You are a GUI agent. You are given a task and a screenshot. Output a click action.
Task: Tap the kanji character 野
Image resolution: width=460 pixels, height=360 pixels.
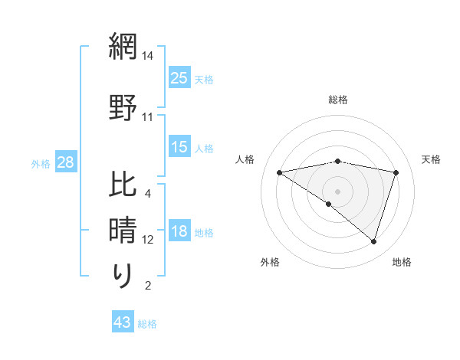pos(123,108)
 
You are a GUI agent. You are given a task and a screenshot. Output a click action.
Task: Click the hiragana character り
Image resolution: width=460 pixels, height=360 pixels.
pos(123,275)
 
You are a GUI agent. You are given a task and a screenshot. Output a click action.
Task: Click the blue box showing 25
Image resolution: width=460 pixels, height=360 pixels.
pos(179,78)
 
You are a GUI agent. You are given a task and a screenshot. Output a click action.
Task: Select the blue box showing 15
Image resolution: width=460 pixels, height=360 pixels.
pos(179,148)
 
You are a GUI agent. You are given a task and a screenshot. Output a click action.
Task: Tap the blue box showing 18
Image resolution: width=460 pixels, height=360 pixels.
pos(179,232)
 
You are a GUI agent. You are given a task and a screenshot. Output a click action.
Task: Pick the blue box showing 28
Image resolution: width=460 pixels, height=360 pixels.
pos(64,162)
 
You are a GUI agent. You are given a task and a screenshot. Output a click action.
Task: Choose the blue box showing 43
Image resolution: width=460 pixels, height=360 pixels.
pos(123,323)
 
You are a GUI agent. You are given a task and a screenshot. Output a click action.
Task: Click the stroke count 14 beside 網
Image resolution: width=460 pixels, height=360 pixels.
pos(148,56)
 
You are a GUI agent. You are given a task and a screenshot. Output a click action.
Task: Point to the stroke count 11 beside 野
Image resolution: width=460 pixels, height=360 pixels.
pos(148,118)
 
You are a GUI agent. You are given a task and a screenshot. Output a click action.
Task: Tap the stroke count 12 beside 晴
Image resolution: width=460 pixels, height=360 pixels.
pos(148,240)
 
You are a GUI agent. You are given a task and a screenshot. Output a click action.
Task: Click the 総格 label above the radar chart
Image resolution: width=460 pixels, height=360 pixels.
pos(337,100)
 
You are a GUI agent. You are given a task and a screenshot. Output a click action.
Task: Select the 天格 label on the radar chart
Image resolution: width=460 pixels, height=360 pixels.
pos(431,159)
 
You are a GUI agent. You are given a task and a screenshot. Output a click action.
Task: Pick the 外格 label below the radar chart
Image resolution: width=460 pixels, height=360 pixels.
pos(270,262)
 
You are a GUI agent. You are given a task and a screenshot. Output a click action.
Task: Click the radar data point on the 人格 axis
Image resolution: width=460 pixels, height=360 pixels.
pos(279,172)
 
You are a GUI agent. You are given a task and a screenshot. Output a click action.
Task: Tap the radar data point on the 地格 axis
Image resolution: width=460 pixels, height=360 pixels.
pos(373,241)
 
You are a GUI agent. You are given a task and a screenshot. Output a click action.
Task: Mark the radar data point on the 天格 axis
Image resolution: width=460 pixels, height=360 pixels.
pos(396,172)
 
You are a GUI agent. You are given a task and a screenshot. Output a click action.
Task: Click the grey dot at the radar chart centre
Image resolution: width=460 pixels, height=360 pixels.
pos(337,191)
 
